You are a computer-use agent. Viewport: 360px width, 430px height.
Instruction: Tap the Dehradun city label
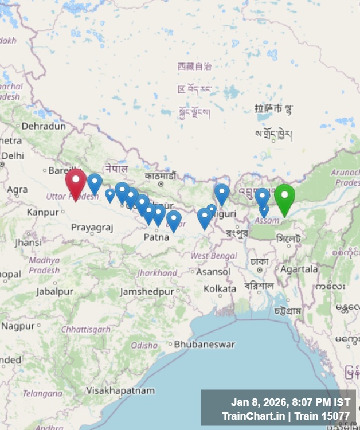[x=44, y=126]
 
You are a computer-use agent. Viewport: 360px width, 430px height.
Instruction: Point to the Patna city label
[x=156, y=236]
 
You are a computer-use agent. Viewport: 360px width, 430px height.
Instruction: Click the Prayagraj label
[x=92, y=228]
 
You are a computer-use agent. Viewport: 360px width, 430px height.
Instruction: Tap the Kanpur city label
[x=42, y=212]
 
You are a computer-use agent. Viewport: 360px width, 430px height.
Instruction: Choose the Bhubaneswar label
[x=204, y=345]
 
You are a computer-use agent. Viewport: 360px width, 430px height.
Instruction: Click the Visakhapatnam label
[x=120, y=390]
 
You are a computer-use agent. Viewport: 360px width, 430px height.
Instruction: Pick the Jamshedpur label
[x=147, y=292]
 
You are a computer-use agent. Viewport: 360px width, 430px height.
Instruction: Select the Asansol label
[x=213, y=272]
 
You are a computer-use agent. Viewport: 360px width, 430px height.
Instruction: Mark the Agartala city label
[x=299, y=269]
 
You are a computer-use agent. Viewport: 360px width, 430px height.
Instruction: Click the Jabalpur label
[x=54, y=292]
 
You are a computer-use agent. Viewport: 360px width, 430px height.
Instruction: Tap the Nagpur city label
[x=18, y=326]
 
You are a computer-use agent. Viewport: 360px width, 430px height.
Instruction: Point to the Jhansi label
[x=28, y=243]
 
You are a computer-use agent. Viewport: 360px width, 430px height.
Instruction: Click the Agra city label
[x=17, y=189]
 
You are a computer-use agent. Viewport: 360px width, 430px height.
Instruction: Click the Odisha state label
[x=144, y=345]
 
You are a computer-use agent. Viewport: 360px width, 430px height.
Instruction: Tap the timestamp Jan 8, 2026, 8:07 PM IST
[x=290, y=402]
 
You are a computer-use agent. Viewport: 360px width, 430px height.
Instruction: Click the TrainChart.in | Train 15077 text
[x=285, y=416]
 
